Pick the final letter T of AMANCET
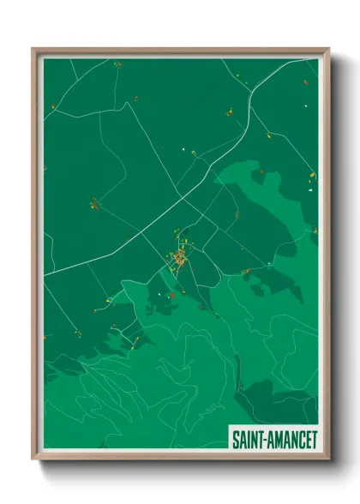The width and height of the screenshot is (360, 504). [x=313, y=437]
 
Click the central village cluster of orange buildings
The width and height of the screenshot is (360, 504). [x=180, y=257]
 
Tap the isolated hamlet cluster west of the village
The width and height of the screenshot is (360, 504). [x=94, y=203]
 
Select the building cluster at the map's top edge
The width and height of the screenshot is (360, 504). [x=117, y=63]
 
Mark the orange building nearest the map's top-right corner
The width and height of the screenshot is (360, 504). [x=305, y=83]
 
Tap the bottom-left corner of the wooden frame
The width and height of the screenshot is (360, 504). [x=34, y=458]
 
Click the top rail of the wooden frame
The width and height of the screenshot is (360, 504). [x=180, y=51]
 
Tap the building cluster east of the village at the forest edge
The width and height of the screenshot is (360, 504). [x=247, y=272]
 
